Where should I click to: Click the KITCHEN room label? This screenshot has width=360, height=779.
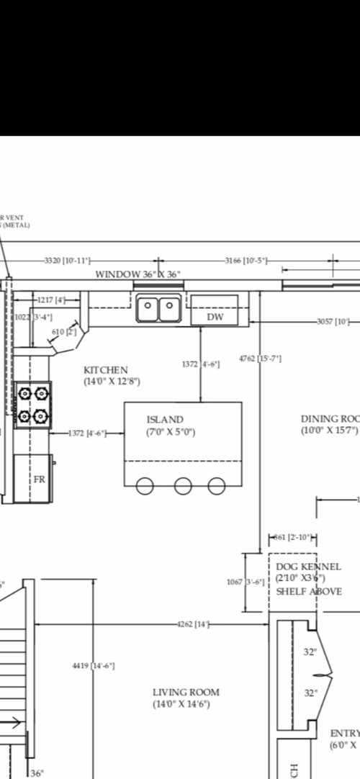point(106,370)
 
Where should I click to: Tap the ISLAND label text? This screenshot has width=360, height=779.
point(165,419)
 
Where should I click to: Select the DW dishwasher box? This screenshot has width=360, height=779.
point(215,317)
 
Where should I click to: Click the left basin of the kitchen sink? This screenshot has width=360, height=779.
point(148,310)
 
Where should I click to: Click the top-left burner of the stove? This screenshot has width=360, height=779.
point(24,393)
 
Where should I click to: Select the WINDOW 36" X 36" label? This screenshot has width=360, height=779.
point(138,274)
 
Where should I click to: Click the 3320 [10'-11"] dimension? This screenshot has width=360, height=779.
point(66,260)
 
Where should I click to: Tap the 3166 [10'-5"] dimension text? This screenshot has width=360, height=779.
point(246,260)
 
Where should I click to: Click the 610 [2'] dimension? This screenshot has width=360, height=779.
point(64,332)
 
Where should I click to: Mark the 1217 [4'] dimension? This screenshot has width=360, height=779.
point(51,300)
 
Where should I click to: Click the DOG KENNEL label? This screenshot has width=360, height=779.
point(309,567)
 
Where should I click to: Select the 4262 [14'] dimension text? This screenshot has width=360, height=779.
point(193,623)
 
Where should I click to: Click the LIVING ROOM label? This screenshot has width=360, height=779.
point(186,693)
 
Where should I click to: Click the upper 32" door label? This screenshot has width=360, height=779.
point(310,652)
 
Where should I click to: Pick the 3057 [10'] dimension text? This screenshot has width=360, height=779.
point(333,322)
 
